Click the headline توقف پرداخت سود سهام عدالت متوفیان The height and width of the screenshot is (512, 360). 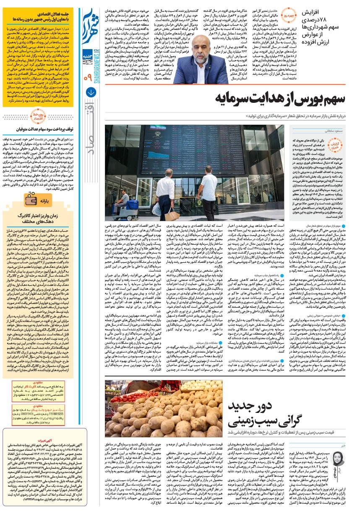[41, 130]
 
